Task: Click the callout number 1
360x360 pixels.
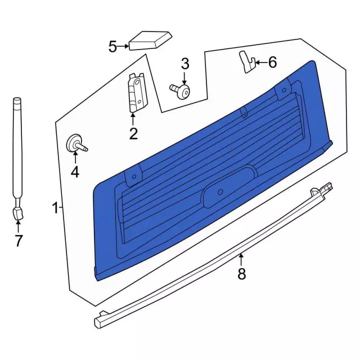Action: pos(55,209)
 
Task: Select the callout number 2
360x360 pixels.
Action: pos(133,133)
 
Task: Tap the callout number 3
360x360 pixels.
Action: pos(184,64)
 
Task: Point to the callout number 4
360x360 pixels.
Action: pos(75,172)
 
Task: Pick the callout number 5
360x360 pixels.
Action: pos(112,46)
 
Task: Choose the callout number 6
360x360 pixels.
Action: pos(272,62)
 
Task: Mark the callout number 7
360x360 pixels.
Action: pos(18,241)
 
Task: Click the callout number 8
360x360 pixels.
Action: pos(241,274)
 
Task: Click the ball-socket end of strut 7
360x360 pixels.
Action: pos(17,213)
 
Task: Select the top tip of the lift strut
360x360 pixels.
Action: pos(17,101)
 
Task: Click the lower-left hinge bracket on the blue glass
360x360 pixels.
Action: pos(133,177)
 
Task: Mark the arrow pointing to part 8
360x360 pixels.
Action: pos(241,259)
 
